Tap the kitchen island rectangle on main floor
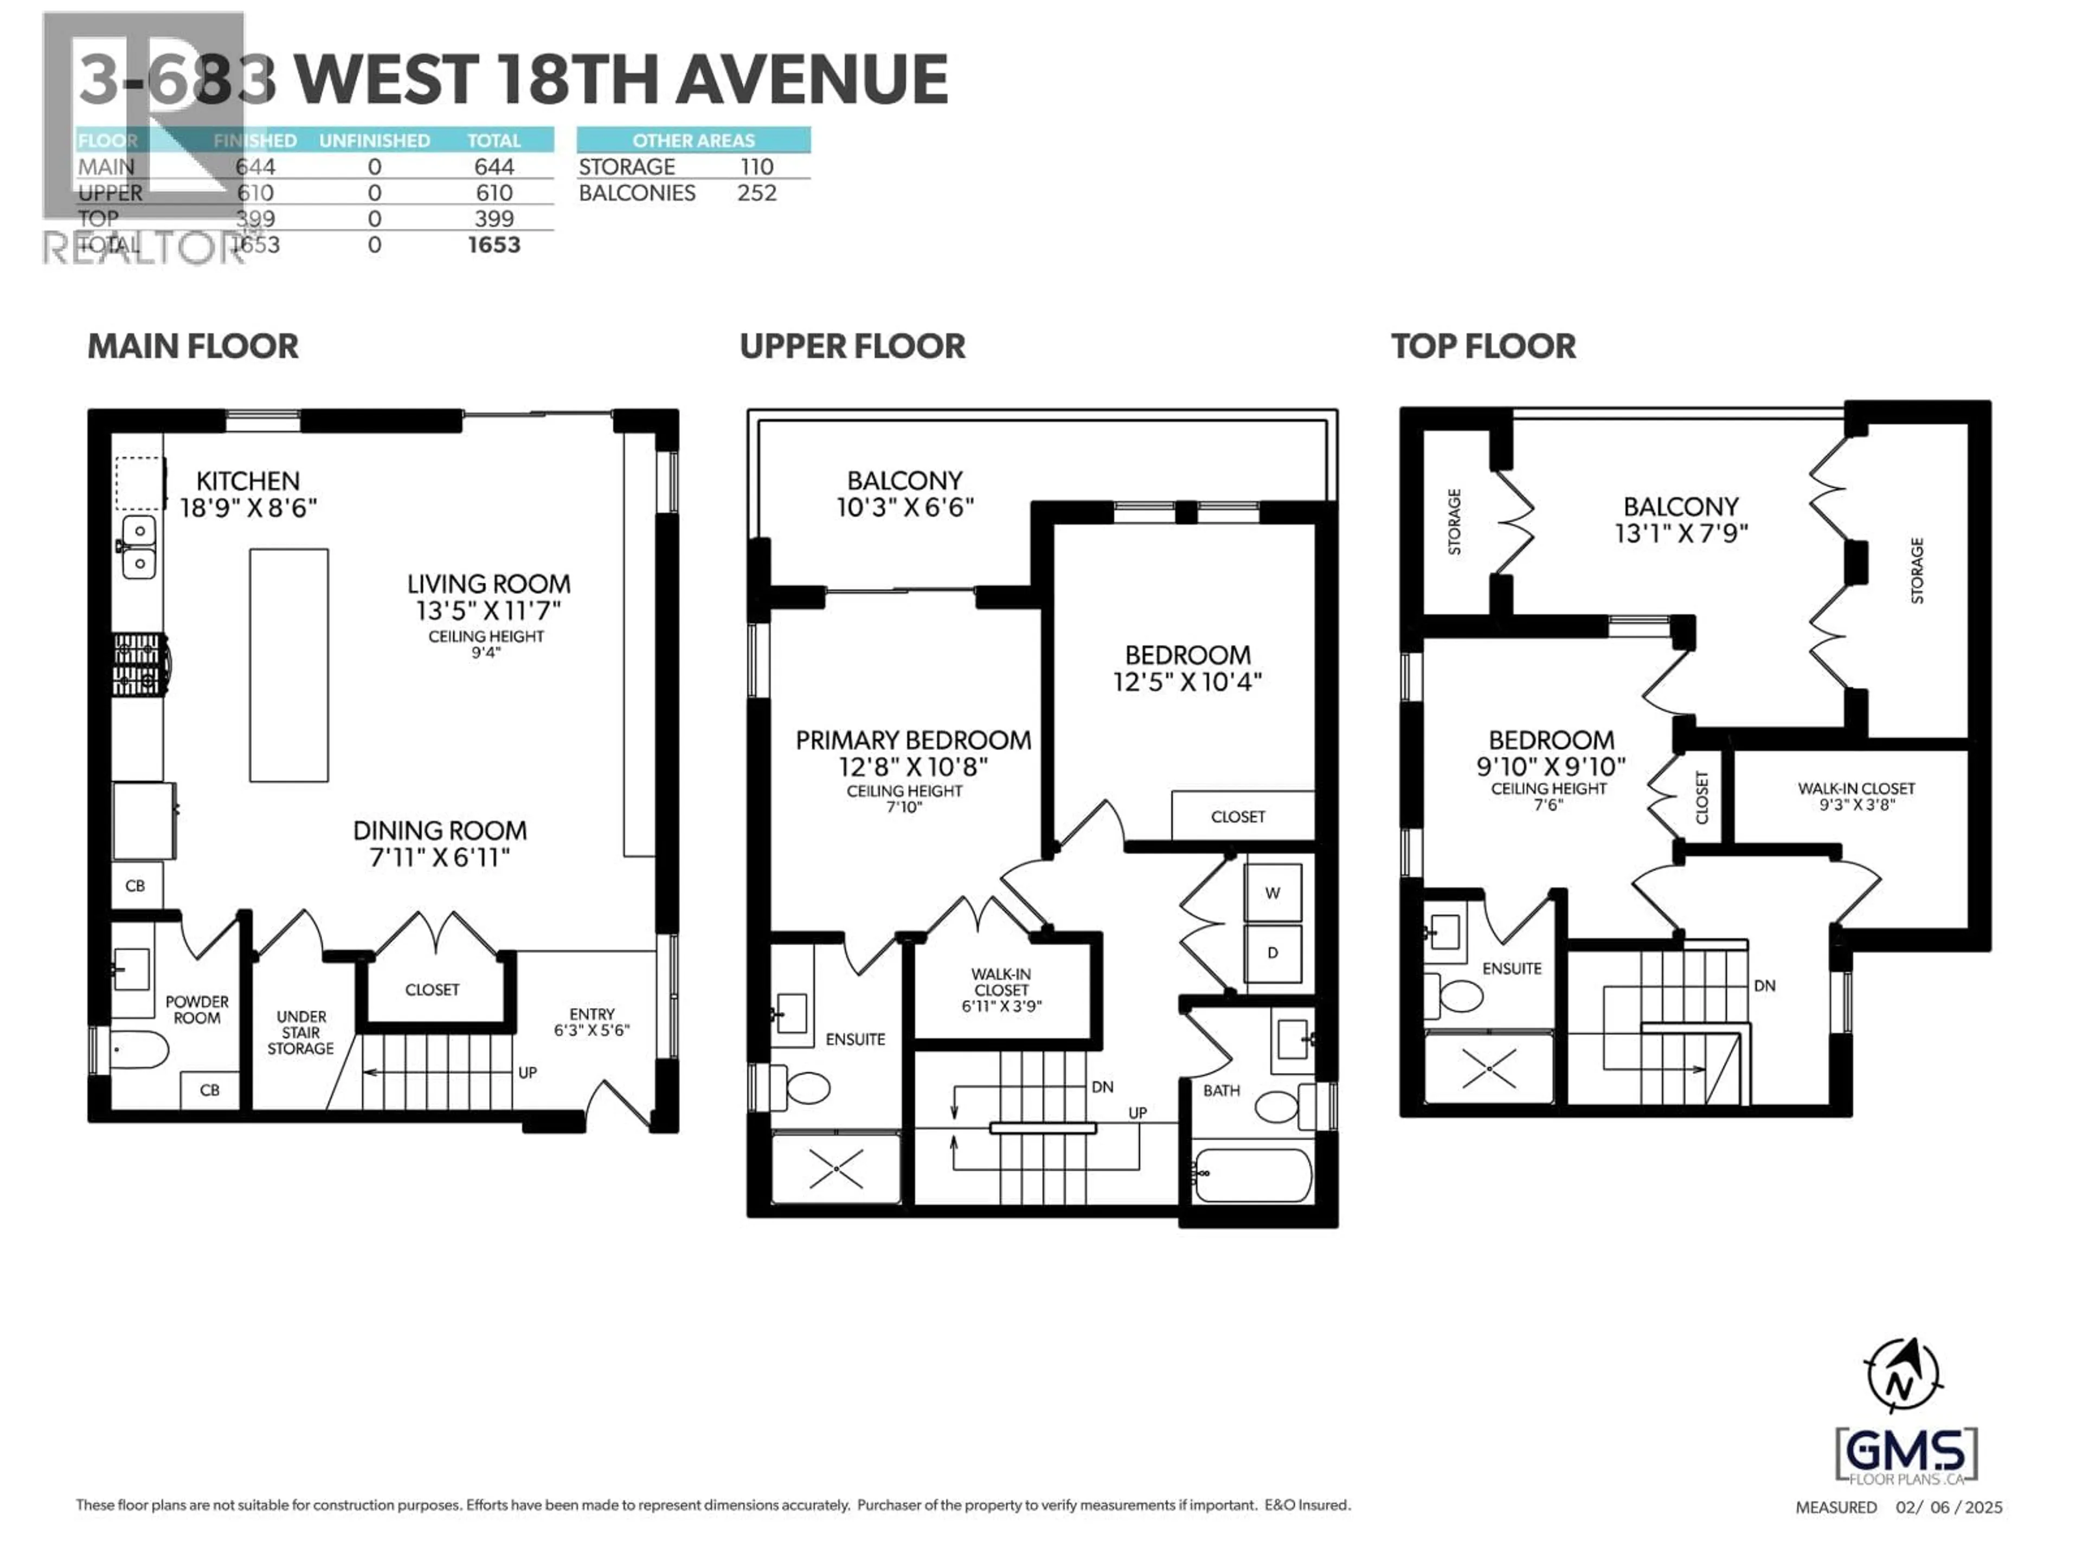click(289, 665)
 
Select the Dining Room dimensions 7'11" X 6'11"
click(440, 857)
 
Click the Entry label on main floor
click(591, 1014)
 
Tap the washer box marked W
click(1273, 892)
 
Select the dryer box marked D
click(1273, 952)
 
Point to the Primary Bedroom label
click(913, 740)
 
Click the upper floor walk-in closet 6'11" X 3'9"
click(1001, 990)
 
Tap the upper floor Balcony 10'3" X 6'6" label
click(904, 493)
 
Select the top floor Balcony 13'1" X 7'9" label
click(1681, 519)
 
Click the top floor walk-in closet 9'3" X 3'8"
click(1855, 796)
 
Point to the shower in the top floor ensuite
click(1489, 1067)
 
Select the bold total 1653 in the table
click(493, 244)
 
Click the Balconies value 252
click(757, 193)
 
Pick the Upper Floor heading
click(852, 346)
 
